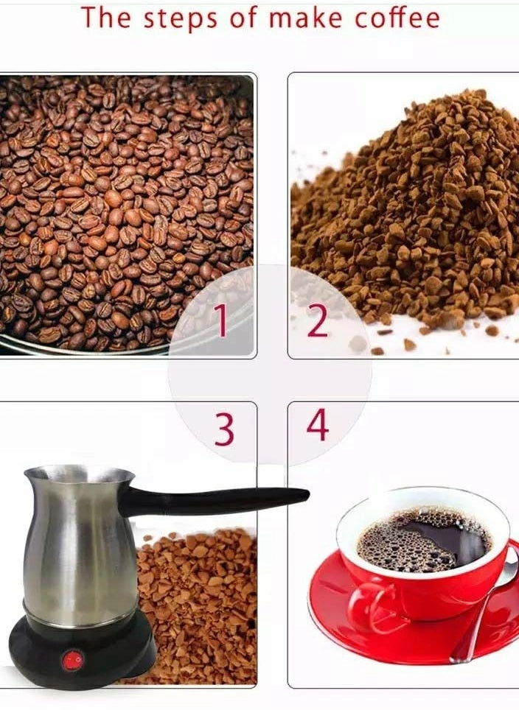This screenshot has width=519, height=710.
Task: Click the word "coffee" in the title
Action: [x=396, y=17]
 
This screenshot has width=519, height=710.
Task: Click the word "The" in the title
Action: [x=105, y=17]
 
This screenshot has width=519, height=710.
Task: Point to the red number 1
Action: [x=220, y=321]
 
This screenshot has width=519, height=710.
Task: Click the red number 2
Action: [x=318, y=321]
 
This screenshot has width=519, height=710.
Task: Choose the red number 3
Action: [x=224, y=429]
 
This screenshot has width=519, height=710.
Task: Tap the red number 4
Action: [x=317, y=425]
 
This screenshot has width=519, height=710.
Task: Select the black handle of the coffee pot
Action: [x=221, y=501]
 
